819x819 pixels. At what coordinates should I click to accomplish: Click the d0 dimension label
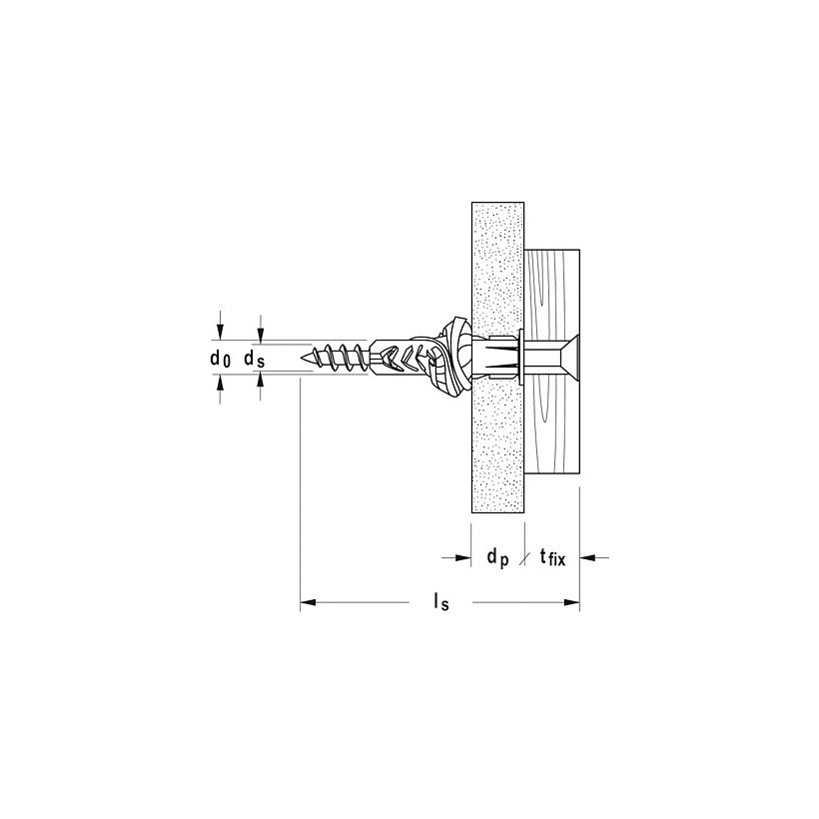(x=221, y=358)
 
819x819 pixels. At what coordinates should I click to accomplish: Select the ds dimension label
(x=255, y=358)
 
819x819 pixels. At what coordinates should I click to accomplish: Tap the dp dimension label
(x=497, y=558)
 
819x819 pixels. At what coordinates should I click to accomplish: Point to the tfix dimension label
(x=552, y=559)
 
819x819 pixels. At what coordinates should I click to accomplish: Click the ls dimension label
(x=438, y=603)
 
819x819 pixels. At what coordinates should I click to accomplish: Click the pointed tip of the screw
(x=303, y=357)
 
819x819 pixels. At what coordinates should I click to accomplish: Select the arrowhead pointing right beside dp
(x=463, y=558)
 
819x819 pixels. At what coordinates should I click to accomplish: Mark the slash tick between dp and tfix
(x=525, y=558)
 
